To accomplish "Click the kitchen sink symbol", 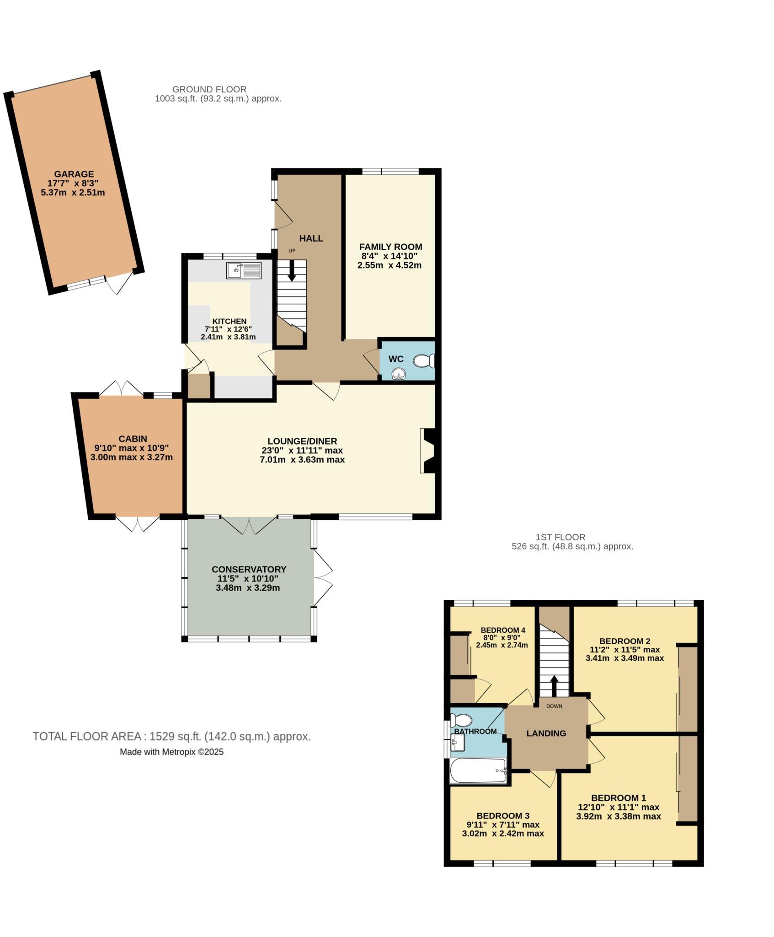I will (243, 270).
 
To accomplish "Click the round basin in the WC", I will (399, 375).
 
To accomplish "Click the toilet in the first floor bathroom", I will (460, 721).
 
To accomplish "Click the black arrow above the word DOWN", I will (554, 685).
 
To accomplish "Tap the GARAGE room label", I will (74, 174).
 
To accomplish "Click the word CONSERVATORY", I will (249, 569).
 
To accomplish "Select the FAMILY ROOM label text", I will (390, 247).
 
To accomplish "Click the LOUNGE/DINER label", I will (302, 441).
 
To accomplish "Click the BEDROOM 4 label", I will (500, 630).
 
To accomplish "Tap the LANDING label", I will (546, 733).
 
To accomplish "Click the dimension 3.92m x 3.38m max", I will (618, 816).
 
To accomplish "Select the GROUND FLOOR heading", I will (209, 89).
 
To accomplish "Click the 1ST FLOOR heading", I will (560, 537).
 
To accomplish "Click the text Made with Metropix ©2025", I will (171, 752).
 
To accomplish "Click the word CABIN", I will (133, 439).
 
